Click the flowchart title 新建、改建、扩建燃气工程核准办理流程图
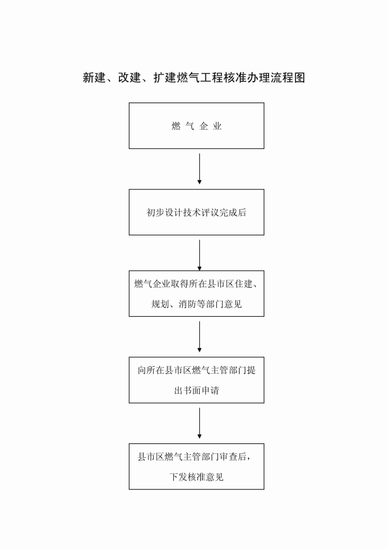193,78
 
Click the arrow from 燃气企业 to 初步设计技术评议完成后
200,169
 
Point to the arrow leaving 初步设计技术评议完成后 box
200,255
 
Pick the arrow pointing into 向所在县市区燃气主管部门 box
200,336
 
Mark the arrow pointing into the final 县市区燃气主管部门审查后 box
200,423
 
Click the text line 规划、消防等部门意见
197,304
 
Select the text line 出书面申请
197,390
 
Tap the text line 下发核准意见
197,477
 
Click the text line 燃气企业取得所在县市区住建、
197,284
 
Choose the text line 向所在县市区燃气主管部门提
197,370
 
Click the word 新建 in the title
94,78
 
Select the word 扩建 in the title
165,78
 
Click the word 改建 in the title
129,78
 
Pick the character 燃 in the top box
176,126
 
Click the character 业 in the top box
217,126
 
